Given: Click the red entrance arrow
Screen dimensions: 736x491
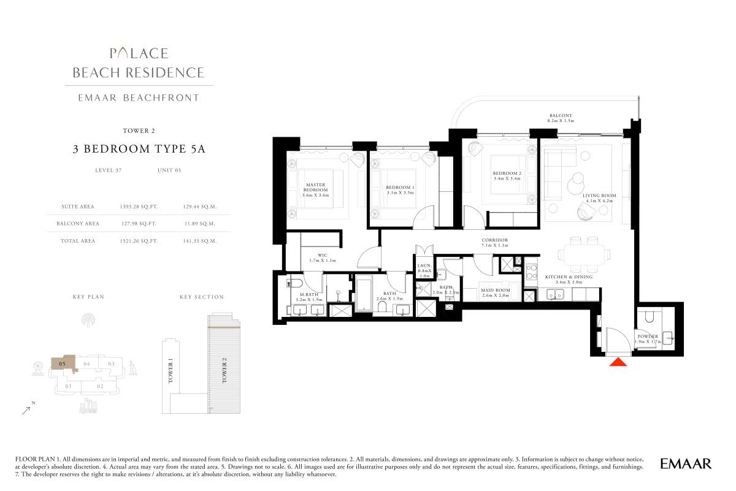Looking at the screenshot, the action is pos(618,362).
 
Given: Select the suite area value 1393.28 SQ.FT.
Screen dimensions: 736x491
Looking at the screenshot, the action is pos(139,207).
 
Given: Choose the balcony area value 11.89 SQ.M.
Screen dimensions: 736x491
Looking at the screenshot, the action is pos(199,224).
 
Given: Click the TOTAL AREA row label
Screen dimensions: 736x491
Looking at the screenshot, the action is pos(78,241).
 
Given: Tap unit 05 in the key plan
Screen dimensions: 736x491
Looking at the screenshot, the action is pos(62,364).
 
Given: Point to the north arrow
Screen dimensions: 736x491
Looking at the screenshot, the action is pos(26,411).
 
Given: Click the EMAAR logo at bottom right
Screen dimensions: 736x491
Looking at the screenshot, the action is pos(686,464).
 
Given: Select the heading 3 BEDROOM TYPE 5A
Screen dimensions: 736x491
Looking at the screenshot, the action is pos(139,149).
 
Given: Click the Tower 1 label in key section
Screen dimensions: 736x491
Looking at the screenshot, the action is pos(171,372).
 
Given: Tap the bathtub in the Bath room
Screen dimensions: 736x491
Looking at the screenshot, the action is pos(363,293).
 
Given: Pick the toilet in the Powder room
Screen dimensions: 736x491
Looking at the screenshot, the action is pos(650,316).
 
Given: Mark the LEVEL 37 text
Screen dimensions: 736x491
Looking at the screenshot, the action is pos(109,170).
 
